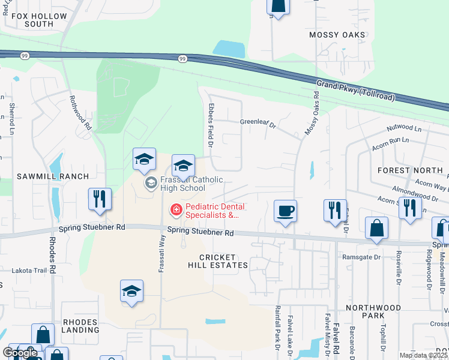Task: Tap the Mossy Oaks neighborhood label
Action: click(337, 35)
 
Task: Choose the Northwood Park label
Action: click(373, 311)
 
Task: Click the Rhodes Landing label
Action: click(79, 326)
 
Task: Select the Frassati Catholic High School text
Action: click(183, 184)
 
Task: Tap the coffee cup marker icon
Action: click(286, 211)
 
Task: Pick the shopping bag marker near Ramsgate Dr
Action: click(376, 228)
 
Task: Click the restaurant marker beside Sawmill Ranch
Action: click(100, 199)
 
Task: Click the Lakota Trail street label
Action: click(29, 271)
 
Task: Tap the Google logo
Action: click(20, 353)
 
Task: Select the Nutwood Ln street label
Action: click(404, 127)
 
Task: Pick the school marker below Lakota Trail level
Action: click(131, 292)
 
